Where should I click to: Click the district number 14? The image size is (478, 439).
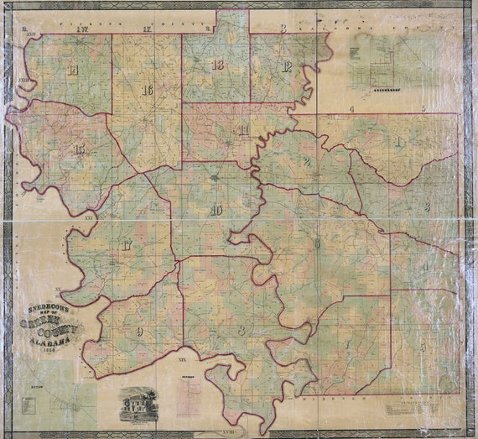pos(74,71)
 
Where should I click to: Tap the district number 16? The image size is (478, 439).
pos(148,91)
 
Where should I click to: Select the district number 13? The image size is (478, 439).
pos(218,65)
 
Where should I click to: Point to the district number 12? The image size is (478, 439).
pos(286,67)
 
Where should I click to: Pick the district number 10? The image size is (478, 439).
pos(216,210)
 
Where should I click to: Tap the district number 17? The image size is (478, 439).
pos(126,246)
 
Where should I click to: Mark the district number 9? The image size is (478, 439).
pos(139,333)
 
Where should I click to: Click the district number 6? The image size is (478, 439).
pos(318,243)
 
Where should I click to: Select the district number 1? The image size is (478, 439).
pos(398,142)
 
